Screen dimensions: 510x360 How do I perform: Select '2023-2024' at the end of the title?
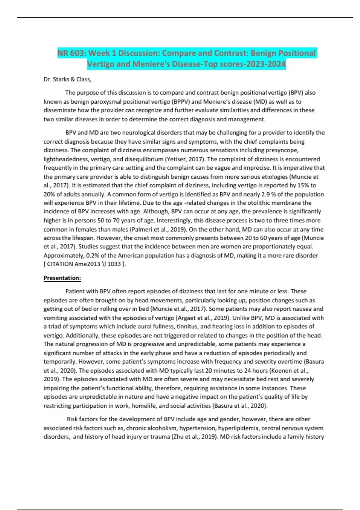coord(269,64)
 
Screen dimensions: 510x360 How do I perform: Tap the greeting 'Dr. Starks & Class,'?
coord(67,79)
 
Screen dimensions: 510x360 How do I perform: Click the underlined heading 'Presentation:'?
coord(62,278)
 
